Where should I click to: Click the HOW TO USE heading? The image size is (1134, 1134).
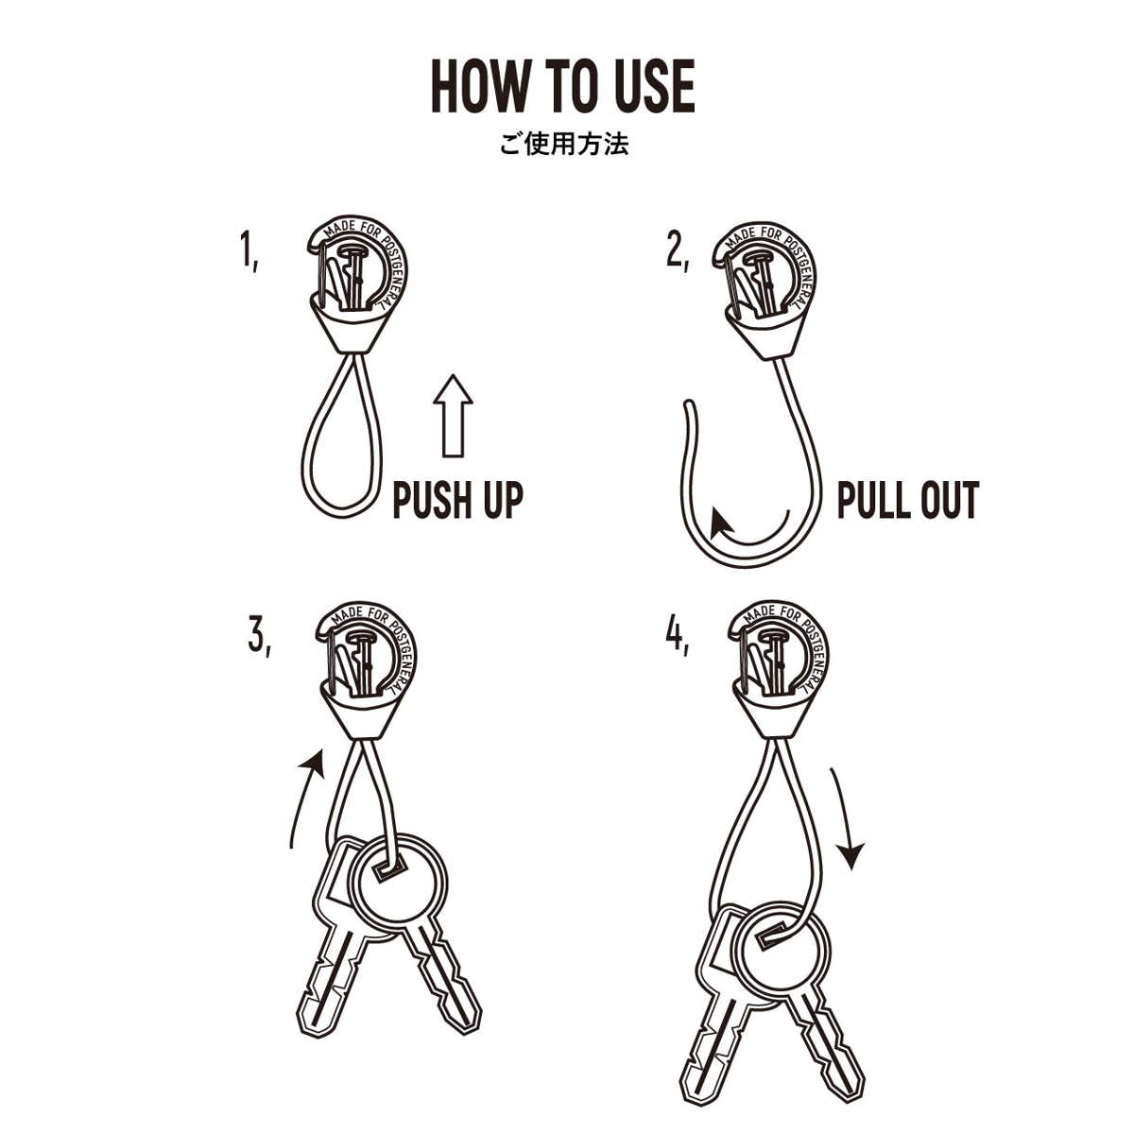[563, 87]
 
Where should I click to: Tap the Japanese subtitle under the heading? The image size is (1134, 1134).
[564, 145]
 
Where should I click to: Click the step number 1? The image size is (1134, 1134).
[249, 250]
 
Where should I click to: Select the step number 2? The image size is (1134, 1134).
[677, 253]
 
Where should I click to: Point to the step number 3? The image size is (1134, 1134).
[259, 637]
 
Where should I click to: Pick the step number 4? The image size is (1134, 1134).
[677, 637]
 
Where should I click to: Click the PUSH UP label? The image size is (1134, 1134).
[457, 500]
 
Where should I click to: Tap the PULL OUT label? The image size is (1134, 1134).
[908, 500]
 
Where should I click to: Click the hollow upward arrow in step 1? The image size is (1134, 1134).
[453, 415]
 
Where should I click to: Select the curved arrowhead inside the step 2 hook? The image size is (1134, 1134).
[720, 523]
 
